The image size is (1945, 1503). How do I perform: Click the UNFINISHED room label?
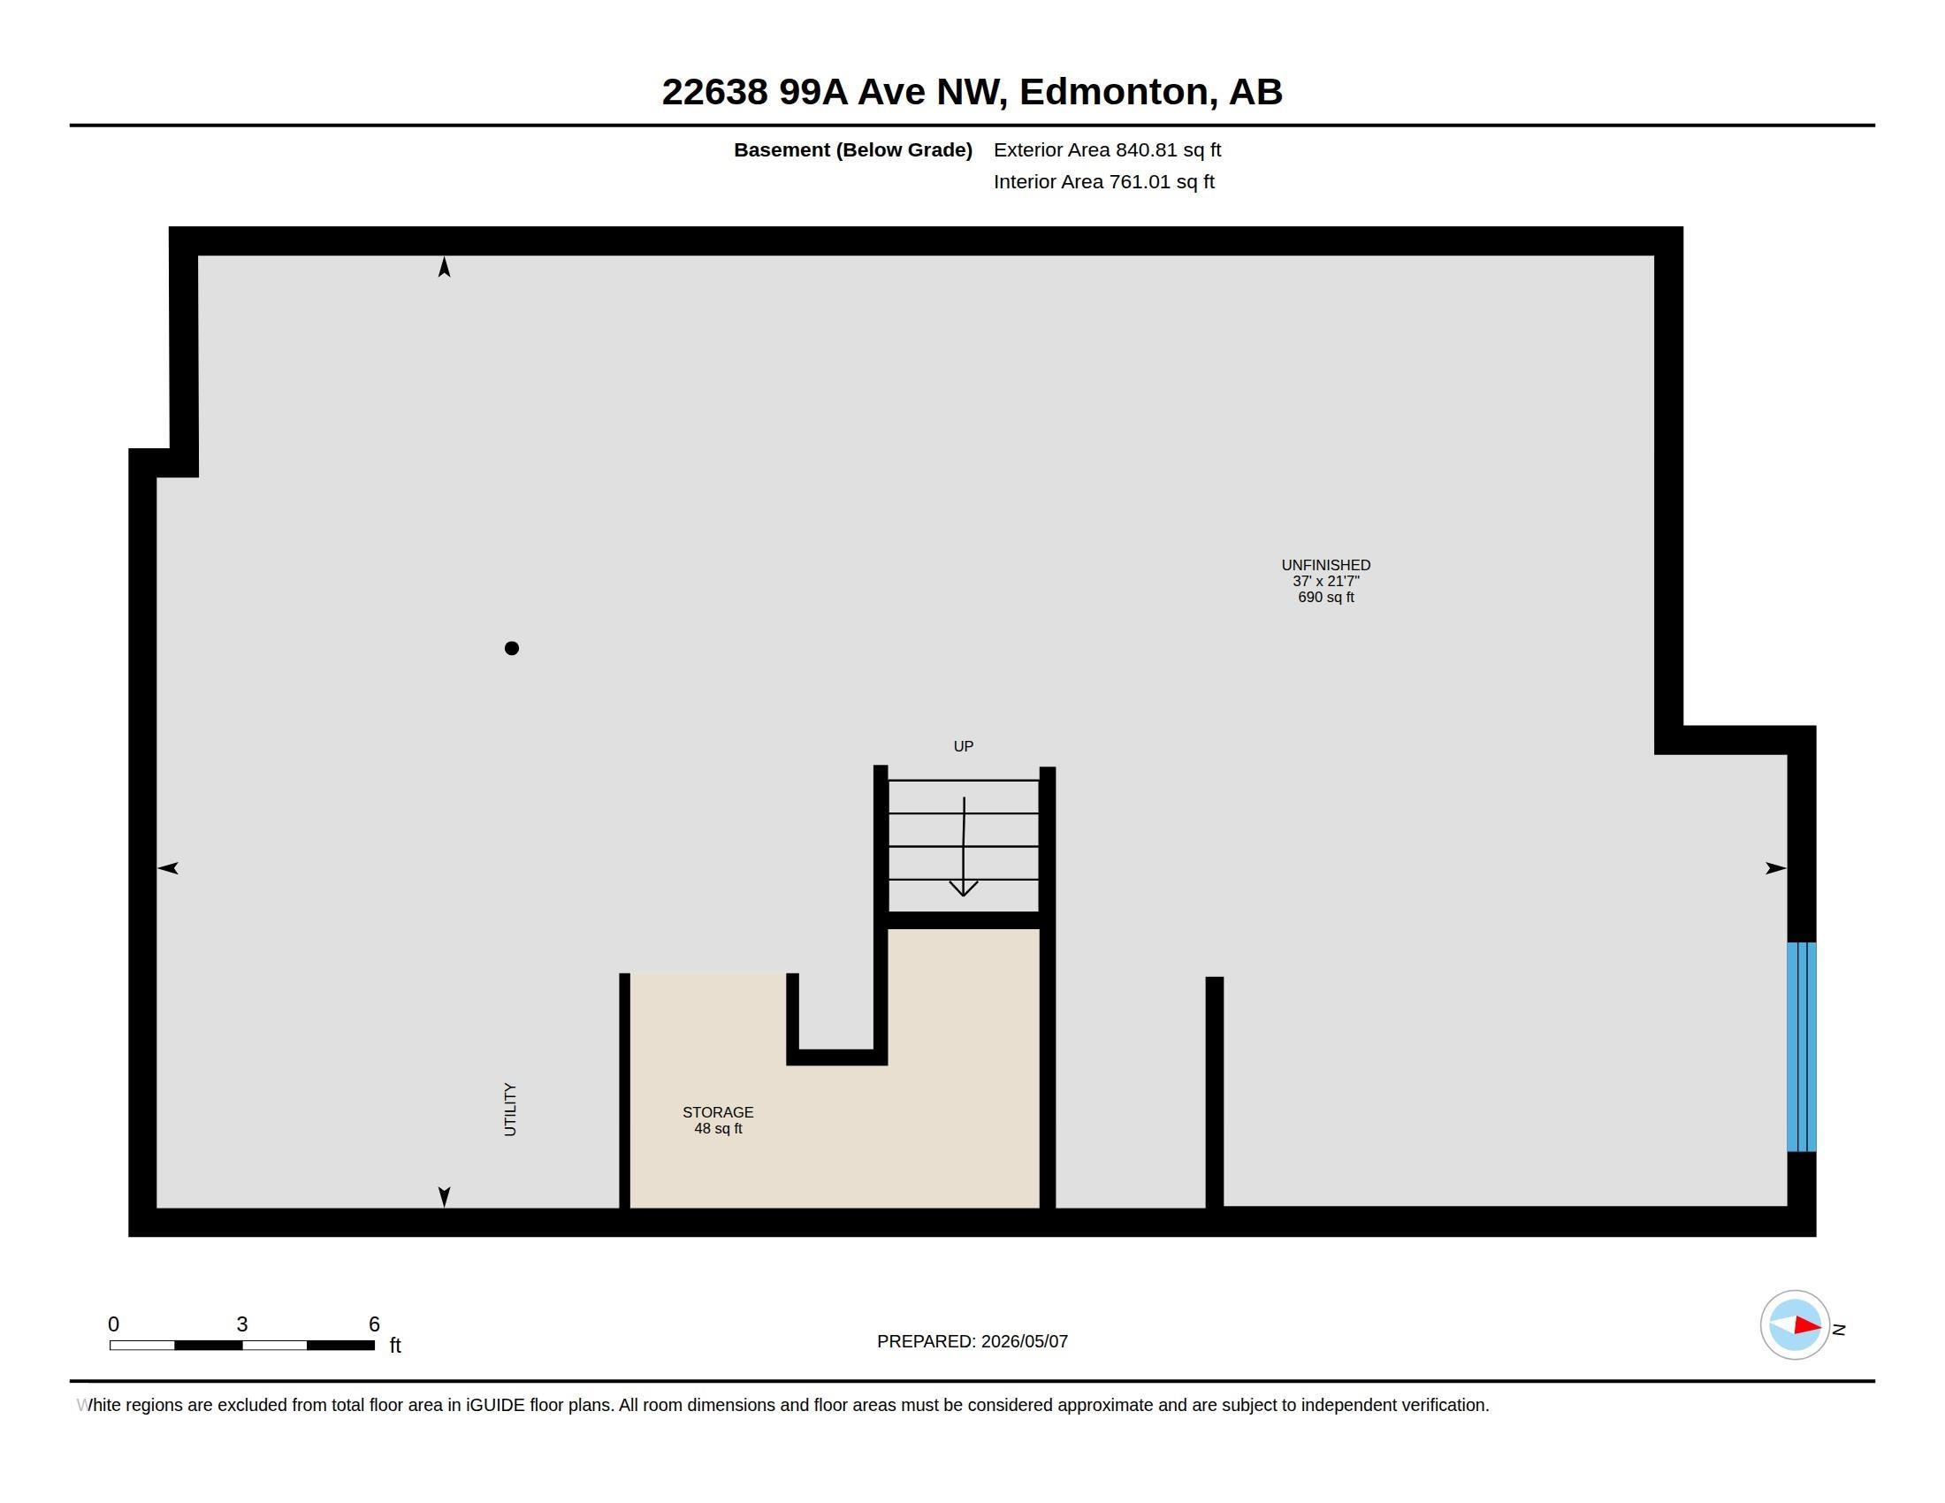click(1325, 565)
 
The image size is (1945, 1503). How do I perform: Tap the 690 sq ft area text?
click(1325, 598)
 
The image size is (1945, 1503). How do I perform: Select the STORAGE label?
click(718, 1112)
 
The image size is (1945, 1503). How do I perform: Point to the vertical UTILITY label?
click(510, 1110)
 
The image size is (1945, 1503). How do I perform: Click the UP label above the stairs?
click(964, 746)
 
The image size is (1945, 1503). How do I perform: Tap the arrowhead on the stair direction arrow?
click(963, 889)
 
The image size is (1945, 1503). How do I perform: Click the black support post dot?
click(511, 648)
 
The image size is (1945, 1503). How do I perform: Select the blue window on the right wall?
click(1801, 1047)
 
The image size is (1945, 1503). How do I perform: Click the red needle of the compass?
click(1807, 1325)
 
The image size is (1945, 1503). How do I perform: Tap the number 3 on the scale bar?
click(241, 1324)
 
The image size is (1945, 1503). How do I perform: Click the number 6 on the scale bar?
click(374, 1324)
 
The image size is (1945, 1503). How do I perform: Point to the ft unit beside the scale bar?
click(395, 1346)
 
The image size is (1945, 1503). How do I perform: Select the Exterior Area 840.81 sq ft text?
click(1107, 149)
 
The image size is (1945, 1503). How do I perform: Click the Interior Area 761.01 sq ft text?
click(1103, 181)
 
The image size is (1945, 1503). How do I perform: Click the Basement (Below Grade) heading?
click(852, 149)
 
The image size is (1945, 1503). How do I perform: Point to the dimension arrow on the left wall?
click(167, 868)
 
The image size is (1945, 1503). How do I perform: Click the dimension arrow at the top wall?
click(445, 266)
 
